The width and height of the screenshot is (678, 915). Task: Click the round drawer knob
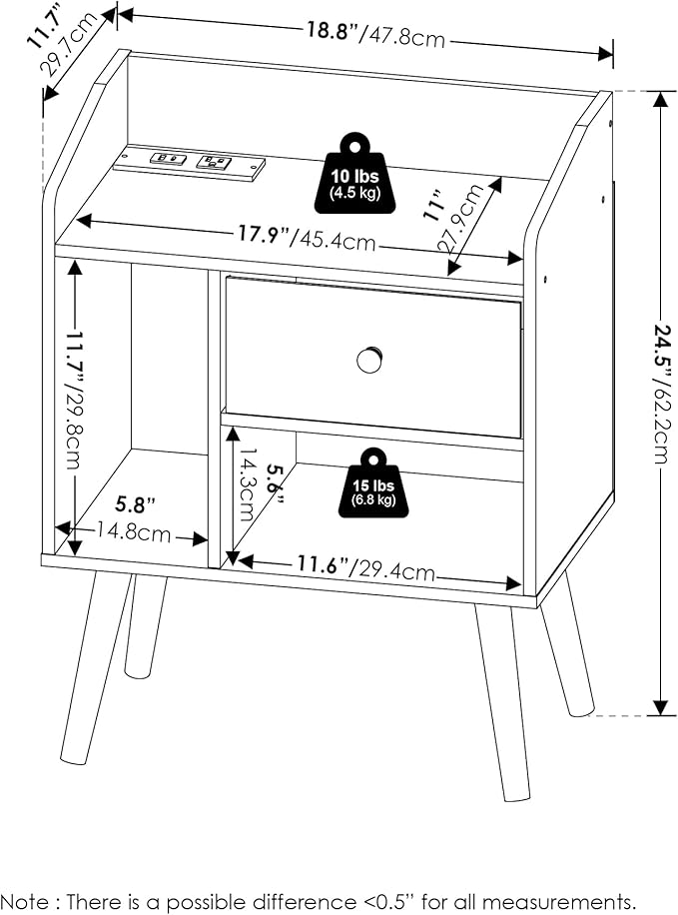point(369,359)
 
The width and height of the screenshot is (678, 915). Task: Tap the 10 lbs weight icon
point(354,174)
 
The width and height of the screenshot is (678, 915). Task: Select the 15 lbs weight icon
point(373,483)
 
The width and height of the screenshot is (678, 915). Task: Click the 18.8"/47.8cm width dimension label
point(376,34)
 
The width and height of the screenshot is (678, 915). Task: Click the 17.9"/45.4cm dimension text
point(307,237)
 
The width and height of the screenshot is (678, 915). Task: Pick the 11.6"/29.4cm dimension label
point(366,567)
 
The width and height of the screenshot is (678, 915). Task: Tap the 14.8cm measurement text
point(134,532)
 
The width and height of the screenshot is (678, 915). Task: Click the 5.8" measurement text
point(136,503)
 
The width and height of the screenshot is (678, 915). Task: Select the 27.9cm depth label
point(465,218)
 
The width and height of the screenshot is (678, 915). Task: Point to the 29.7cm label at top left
point(68,44)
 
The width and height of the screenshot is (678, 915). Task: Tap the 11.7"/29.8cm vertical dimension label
point(75,401)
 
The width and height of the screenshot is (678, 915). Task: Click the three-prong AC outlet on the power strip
point(214,161)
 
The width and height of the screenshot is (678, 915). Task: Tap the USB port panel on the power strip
point(168,158)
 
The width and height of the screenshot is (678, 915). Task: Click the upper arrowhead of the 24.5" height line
point(660,100)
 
